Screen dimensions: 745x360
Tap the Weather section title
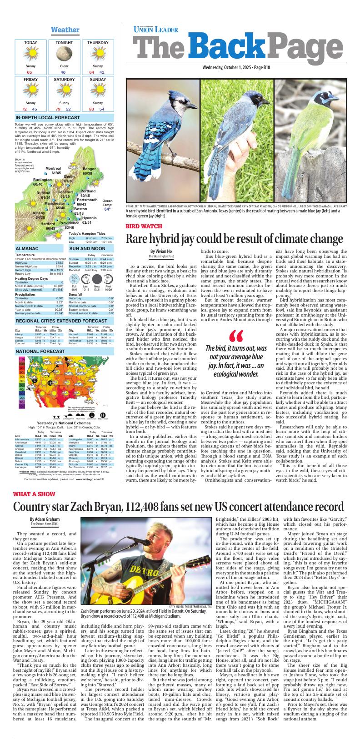65,30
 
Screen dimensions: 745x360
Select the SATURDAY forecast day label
64,80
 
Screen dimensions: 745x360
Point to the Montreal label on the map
53,169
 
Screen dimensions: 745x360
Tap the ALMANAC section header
27,249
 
